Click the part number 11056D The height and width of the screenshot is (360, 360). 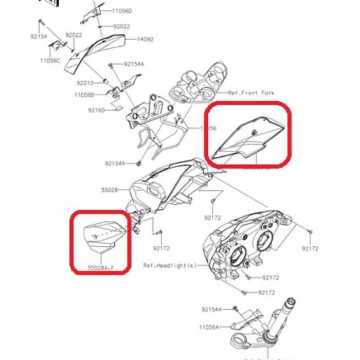[122, 11]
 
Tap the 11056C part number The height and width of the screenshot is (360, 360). [50, 61]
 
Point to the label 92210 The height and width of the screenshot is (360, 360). [85, 82]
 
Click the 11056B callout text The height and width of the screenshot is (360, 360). [84, 95]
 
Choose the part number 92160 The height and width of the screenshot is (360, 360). [96, 110]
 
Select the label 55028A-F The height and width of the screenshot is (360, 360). [100, 268]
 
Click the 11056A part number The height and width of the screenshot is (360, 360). [209, 327]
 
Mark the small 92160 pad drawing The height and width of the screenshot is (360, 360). [117, 109]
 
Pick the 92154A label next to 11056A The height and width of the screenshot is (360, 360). [211, 309]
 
